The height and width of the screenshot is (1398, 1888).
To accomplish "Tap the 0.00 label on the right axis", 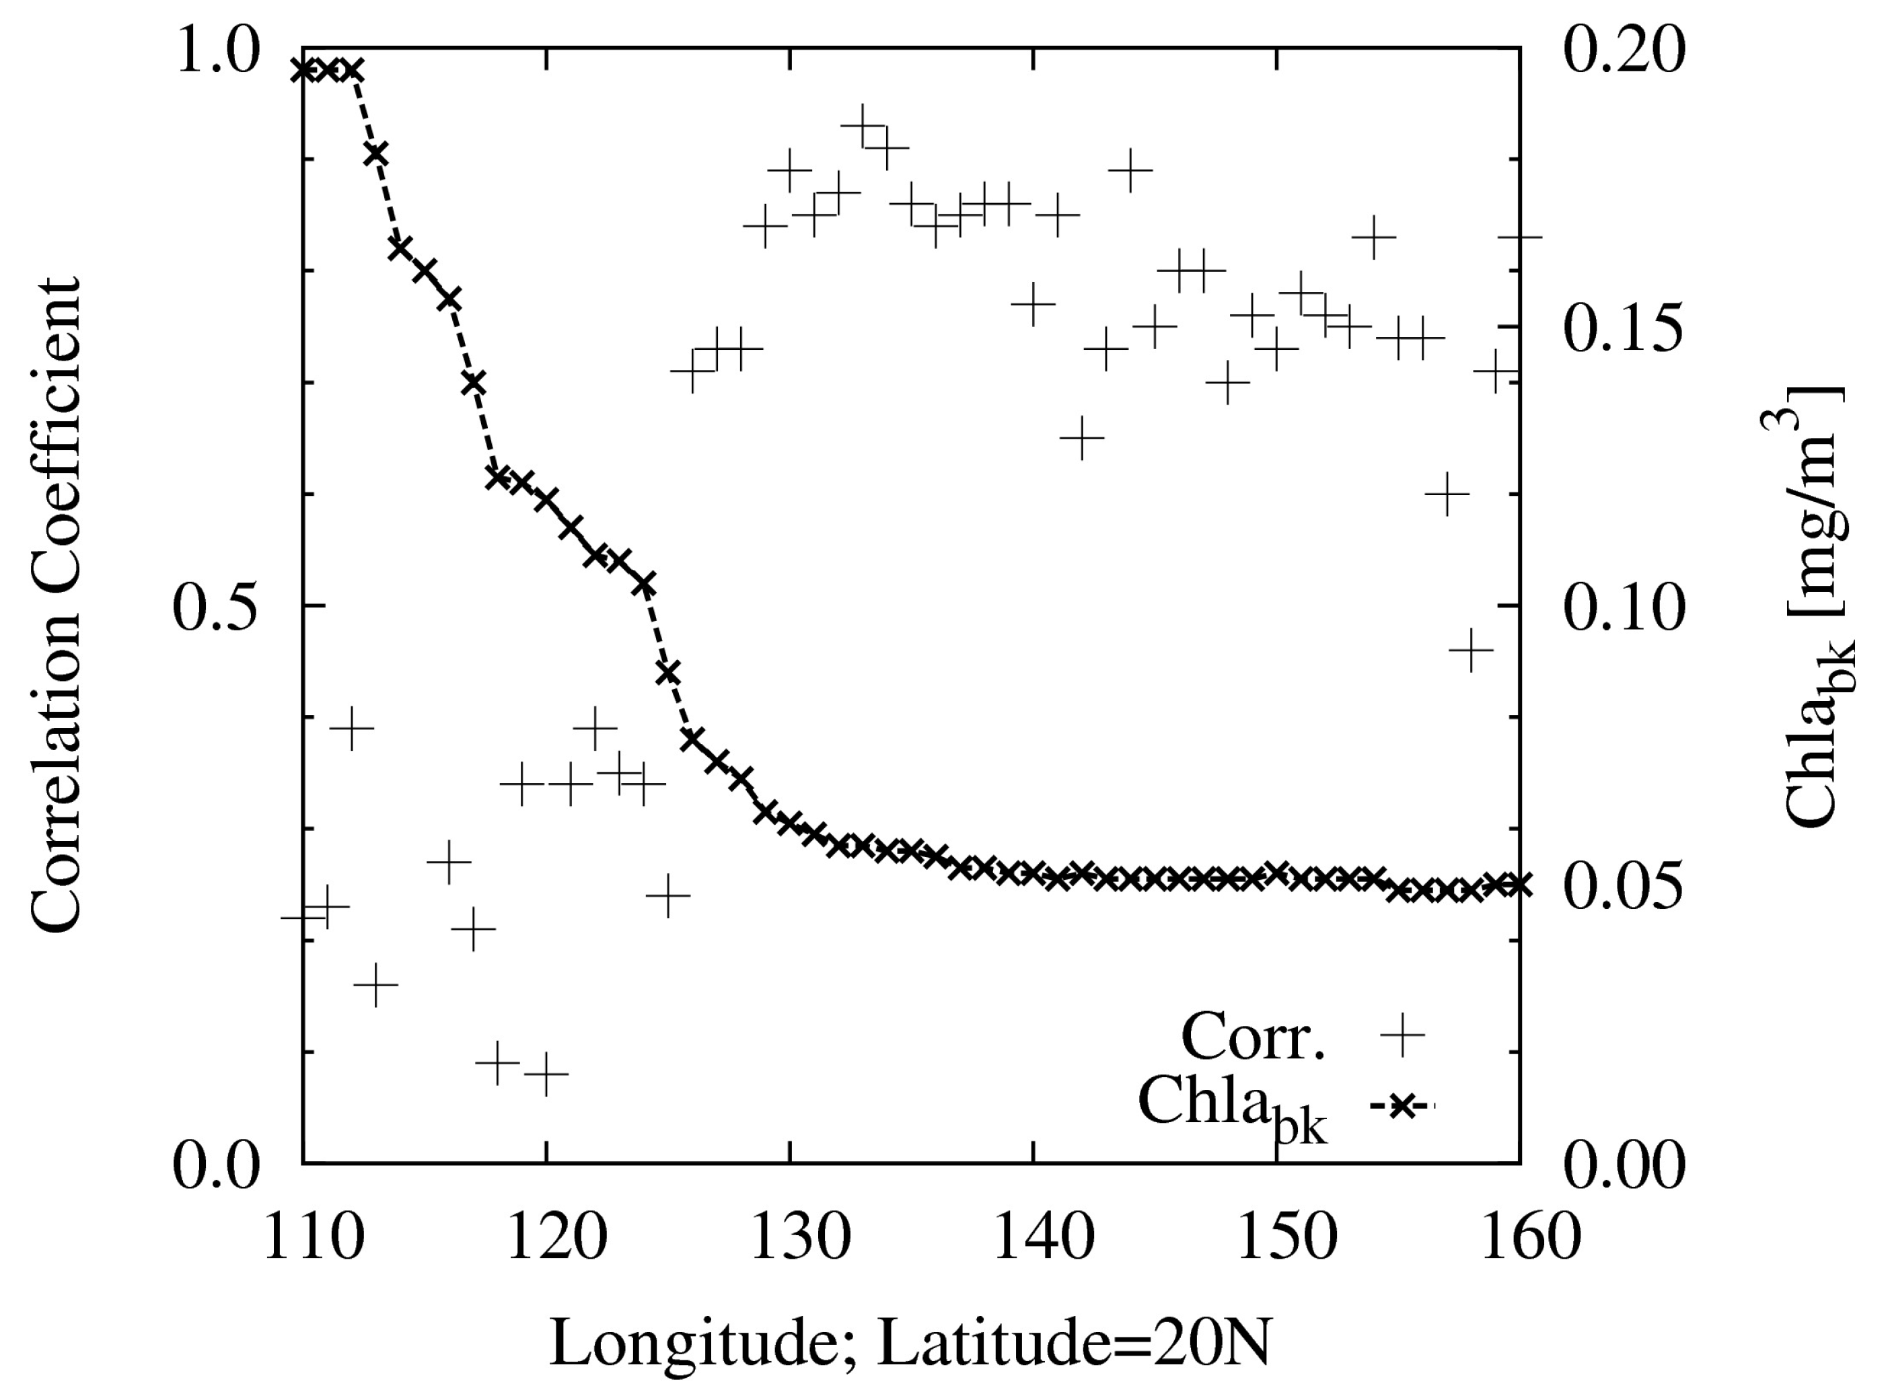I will pyautogui.click(x=1623, y=1165).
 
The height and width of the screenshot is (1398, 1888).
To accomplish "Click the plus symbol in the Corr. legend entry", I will pyautogui.click(x=1402, y=1033).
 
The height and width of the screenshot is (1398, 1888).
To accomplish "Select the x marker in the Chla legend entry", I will pyautogui.click(x=1402, y=1105).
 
